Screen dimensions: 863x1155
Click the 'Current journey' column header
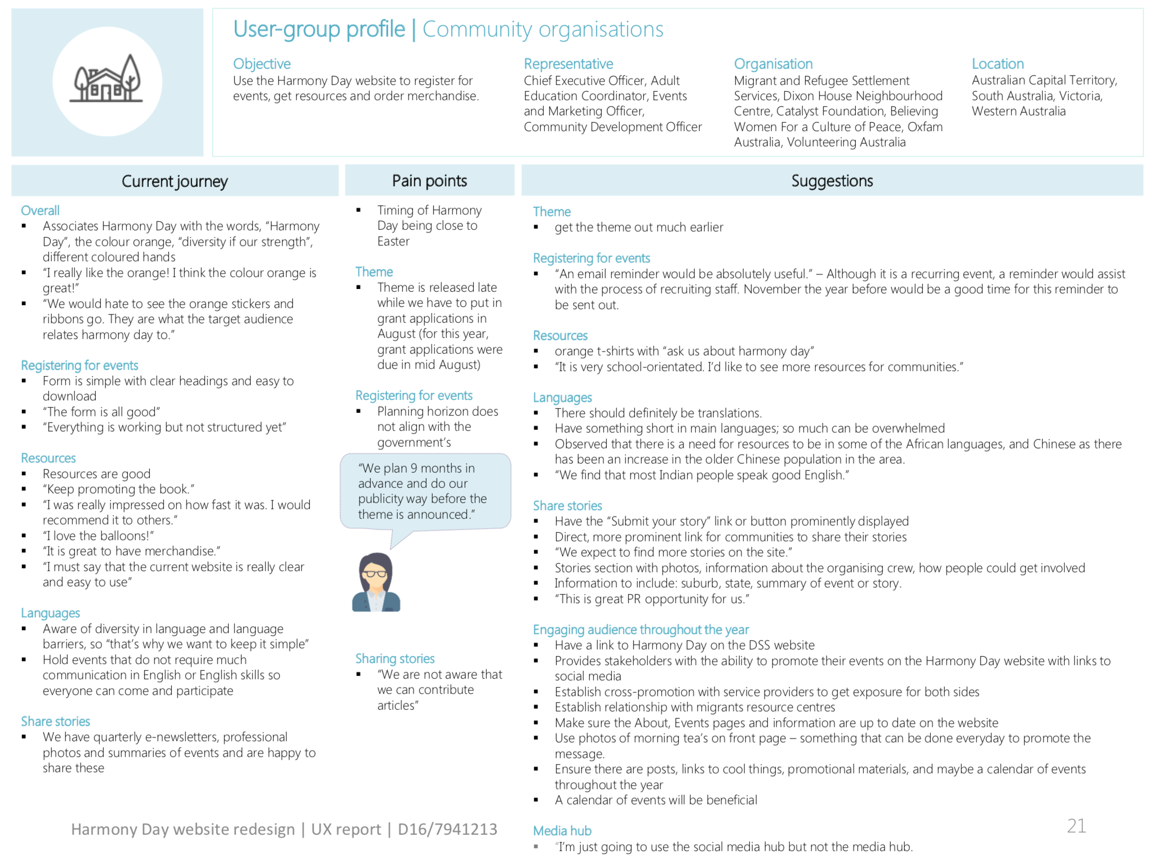click(x=175, y=181)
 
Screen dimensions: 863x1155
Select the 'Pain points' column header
click(x=429, y=181)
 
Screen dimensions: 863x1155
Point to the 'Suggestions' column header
click(x=832, y=181)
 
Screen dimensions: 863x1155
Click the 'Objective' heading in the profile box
click(x=262, y=64)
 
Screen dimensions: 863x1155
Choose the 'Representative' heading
click(x=568, y=64)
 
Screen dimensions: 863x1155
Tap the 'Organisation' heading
click(x=773, y=64)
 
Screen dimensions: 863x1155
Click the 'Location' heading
click(x=997, y=64)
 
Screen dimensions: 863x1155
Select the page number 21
click(x=1076, y=826)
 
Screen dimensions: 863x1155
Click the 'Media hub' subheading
click(x=562, y=831)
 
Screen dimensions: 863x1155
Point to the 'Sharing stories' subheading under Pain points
click(x=394, y=659)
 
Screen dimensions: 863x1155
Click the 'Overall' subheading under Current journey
click(x=40, y=211)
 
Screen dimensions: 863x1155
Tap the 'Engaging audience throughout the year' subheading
click(x=641, y=629)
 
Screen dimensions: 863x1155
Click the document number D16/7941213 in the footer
click(x=447, y=829)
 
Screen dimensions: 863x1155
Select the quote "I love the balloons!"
click(x=98, y=536)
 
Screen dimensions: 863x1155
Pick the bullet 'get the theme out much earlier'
click(x=638, y=227)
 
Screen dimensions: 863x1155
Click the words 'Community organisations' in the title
click(x=543, y=29)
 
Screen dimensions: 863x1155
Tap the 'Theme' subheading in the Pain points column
click(x=374, y=272)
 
